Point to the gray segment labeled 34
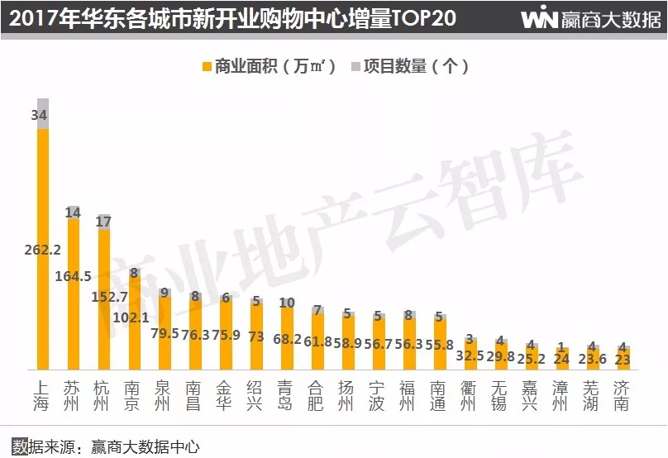[43, 114]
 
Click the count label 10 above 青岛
[286, 303]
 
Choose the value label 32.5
[468, 355]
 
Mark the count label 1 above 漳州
[560, 346]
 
